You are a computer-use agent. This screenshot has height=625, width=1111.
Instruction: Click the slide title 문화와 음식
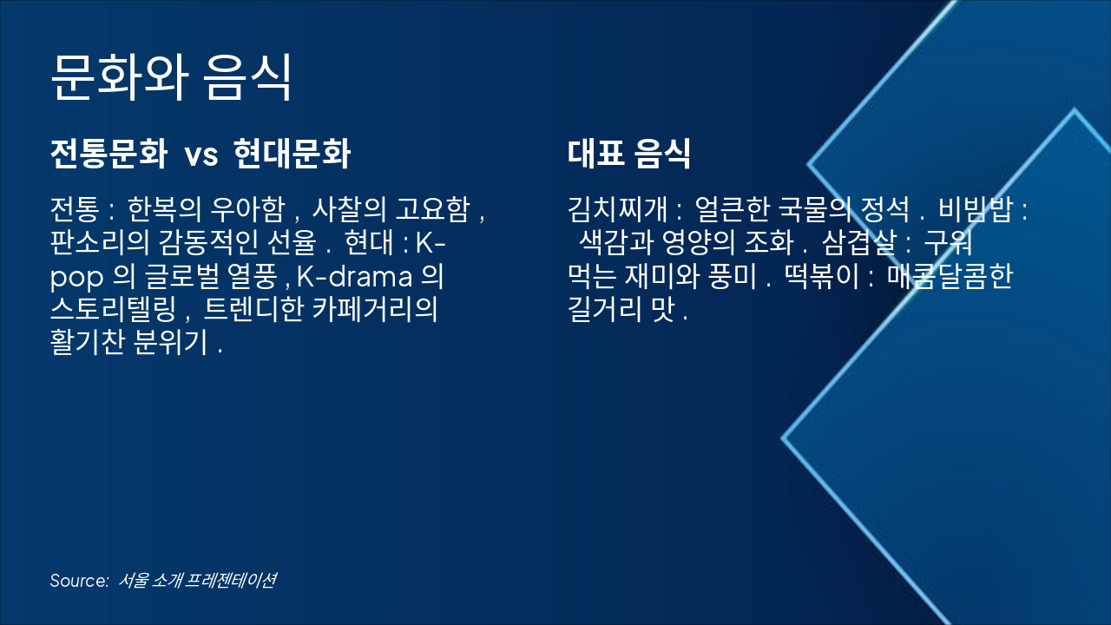click(170, 77)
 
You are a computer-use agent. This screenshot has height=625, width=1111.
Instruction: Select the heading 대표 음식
click(629, 155)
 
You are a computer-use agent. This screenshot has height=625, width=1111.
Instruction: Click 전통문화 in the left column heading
click(108, 155)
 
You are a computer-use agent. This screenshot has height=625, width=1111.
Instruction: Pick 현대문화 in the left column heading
click(293, 155)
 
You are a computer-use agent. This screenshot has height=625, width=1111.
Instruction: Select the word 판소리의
click(95, 244)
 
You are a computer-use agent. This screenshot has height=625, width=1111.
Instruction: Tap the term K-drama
click(357, 277)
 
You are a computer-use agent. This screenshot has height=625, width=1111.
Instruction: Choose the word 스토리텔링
click(114, 310)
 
